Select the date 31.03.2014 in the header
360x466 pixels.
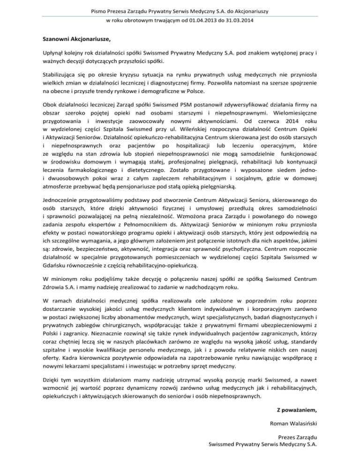tap(237, 21)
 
